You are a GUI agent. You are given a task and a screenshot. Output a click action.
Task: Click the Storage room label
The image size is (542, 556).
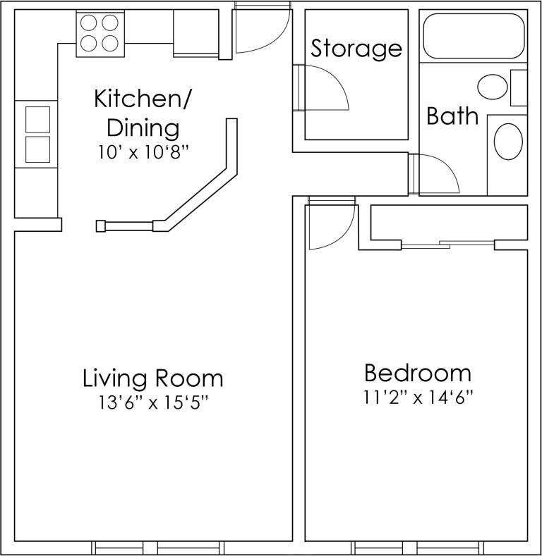pos(356,49)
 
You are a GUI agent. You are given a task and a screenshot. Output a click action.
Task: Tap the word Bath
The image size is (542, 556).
pos(452,116)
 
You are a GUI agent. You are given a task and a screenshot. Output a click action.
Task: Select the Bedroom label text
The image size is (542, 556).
pos(417,373)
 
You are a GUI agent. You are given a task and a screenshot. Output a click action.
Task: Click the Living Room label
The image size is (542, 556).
pos(153,378)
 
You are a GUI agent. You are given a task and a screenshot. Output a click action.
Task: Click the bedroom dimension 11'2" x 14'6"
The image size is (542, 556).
pos(418,397)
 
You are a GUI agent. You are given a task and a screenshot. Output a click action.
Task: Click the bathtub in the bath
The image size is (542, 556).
pos(473,36)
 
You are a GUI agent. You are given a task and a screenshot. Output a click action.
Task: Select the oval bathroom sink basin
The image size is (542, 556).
pos(507,142)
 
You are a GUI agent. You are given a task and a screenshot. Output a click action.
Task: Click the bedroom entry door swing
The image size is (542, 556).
pos(329,225)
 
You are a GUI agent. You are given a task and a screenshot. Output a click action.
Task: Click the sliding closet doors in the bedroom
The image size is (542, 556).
pos(447,245)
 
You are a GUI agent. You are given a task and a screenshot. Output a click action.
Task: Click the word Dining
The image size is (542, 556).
pos(143,129)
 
